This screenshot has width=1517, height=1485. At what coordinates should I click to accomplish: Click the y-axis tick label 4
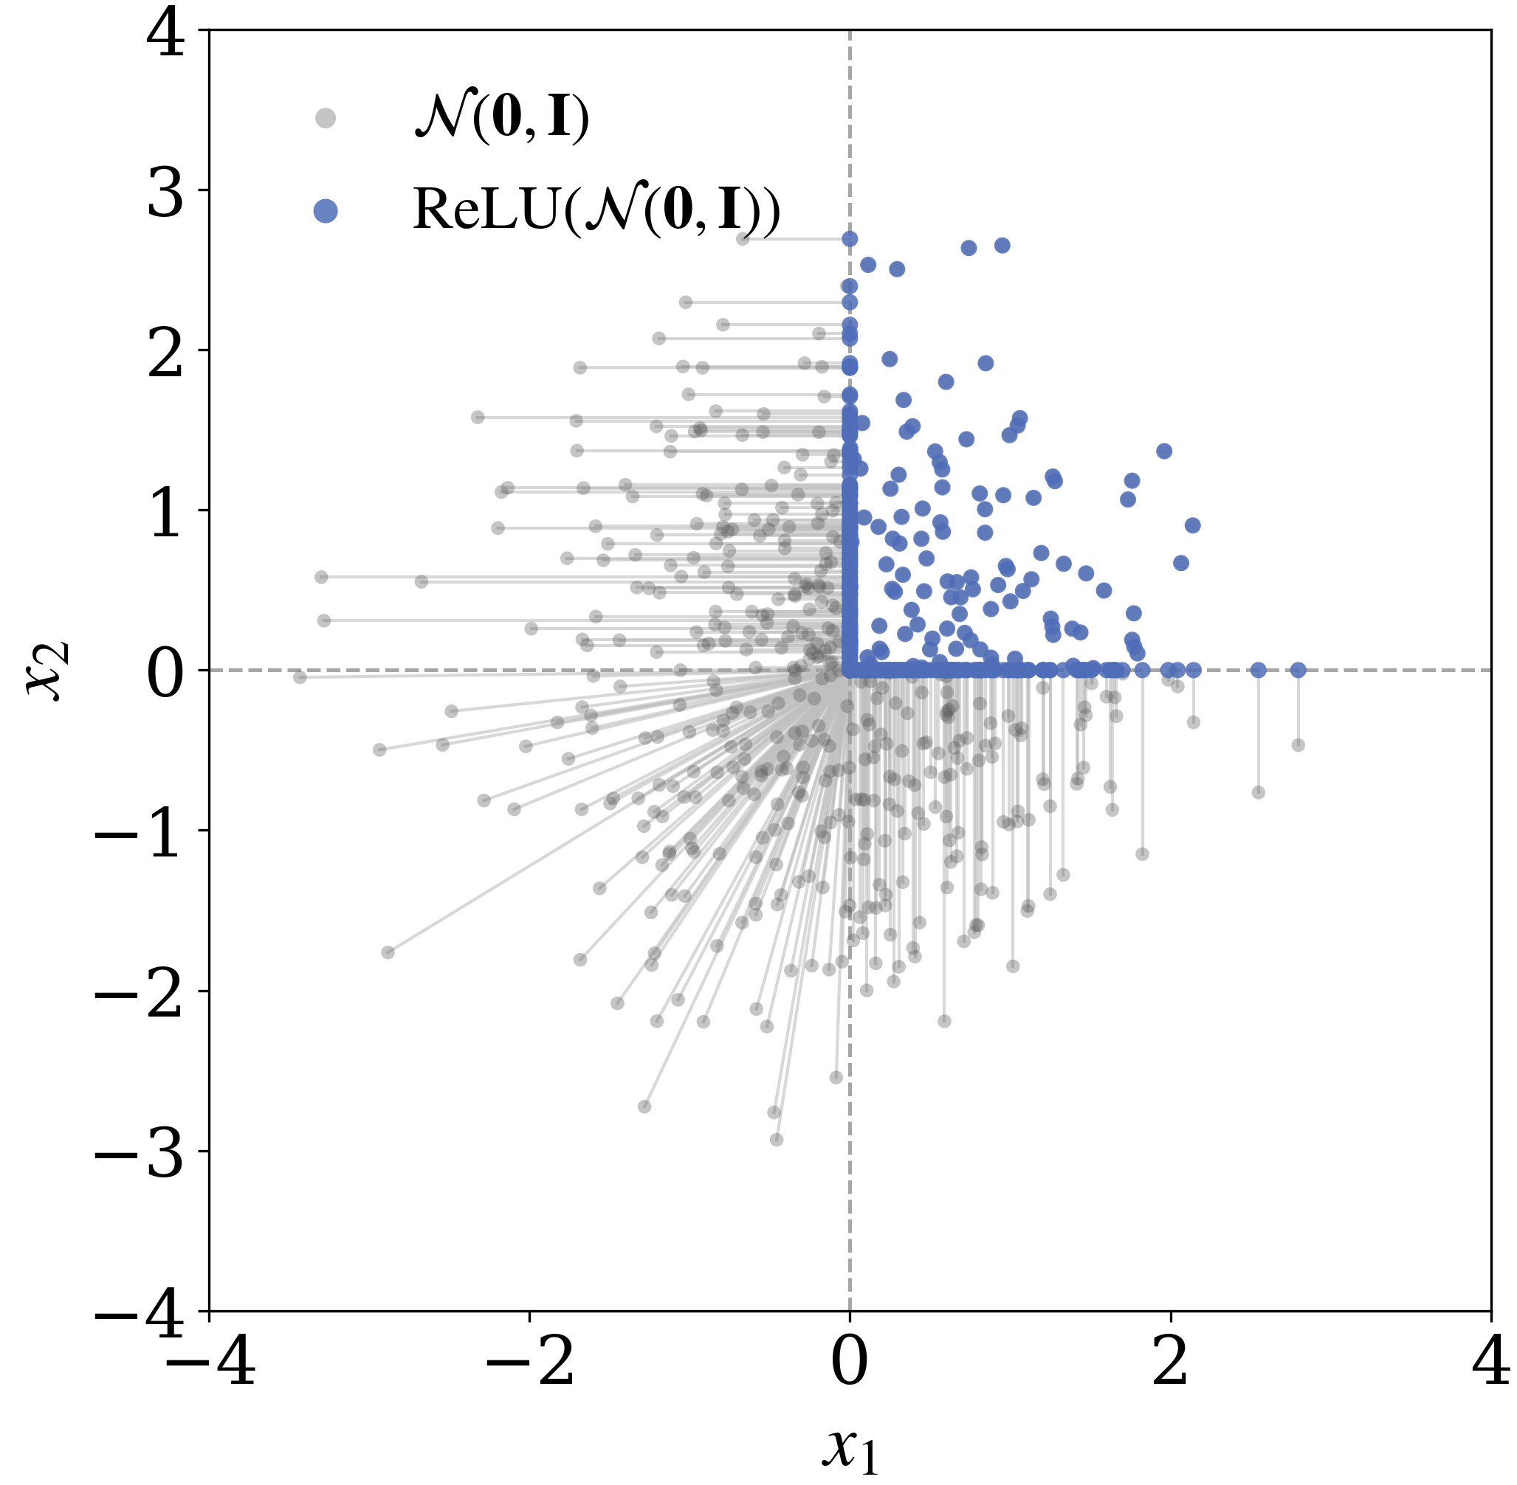coord(165,35)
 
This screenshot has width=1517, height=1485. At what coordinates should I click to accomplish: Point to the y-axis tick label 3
coord(165,194)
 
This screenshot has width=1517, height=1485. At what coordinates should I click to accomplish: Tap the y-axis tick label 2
coord(165,354)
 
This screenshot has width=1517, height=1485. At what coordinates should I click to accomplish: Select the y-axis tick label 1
coord(165,515)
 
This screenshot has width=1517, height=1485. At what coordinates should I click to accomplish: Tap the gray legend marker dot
coord(326,118)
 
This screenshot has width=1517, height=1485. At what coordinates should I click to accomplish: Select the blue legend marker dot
coord(326,210)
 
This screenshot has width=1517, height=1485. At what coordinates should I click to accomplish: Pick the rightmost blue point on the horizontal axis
coord(1298,670)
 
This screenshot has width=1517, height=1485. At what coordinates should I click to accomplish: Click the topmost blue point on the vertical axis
coord(850,239)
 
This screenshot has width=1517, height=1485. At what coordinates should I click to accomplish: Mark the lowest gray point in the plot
coord(777,1140)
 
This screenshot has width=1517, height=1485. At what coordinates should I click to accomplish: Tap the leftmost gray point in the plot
coord(300,677)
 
